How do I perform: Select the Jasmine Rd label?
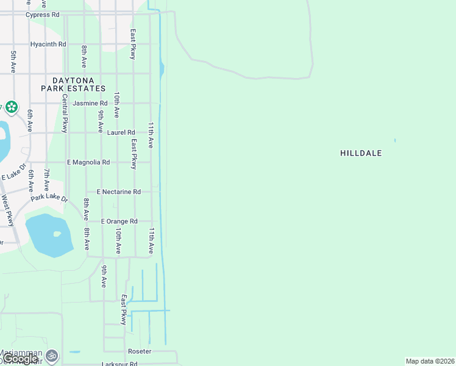coord(90,104)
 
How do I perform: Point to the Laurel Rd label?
coord(121,132)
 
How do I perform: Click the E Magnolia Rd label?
coord(88,162)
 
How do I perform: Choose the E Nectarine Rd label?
coord(118,192)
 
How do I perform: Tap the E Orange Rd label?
coord(119,221)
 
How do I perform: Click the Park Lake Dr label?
coord(50,198)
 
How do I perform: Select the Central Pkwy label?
coord(65,116)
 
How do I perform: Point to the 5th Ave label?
coord(13,62)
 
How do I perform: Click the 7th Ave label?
coord(46,182)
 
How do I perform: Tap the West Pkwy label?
coord(7,210)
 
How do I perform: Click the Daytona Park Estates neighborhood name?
coord(73,84)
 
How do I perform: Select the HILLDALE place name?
coord(361,153)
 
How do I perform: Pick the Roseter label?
coord(139,352)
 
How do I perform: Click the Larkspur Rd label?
coord(119,364)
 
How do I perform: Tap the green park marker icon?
coord(10,107)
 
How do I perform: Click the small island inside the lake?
coord(57,234)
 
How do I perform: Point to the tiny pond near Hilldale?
coord(395,141)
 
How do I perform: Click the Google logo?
coord(20,359)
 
